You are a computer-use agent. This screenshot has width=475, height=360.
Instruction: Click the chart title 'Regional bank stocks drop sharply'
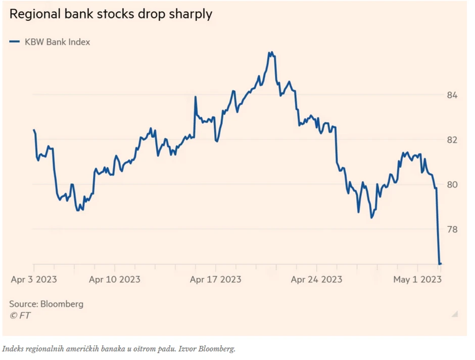click(110, 14)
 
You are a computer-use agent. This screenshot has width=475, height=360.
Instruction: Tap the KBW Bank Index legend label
click(57, 42)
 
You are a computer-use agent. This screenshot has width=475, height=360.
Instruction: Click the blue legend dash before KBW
click(14, 42)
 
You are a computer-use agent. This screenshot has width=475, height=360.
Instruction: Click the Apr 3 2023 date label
click(34, 279)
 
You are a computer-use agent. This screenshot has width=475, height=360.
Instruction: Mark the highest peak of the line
click(271, 52)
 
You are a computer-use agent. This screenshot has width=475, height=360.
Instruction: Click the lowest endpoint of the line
click(440, 263)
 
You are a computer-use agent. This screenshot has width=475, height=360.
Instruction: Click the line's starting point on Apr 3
click(34, 130)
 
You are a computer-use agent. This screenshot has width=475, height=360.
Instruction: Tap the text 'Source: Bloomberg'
click(46, 304)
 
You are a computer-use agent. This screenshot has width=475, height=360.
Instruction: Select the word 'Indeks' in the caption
click(13, 349)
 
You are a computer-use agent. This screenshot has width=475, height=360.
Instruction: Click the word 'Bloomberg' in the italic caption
click(219, 349)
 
